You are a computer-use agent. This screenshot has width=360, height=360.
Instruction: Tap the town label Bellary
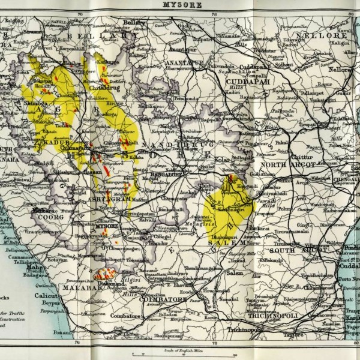135,22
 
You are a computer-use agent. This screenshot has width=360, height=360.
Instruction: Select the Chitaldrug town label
103,86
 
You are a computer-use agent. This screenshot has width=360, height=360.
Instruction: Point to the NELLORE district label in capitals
327,36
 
